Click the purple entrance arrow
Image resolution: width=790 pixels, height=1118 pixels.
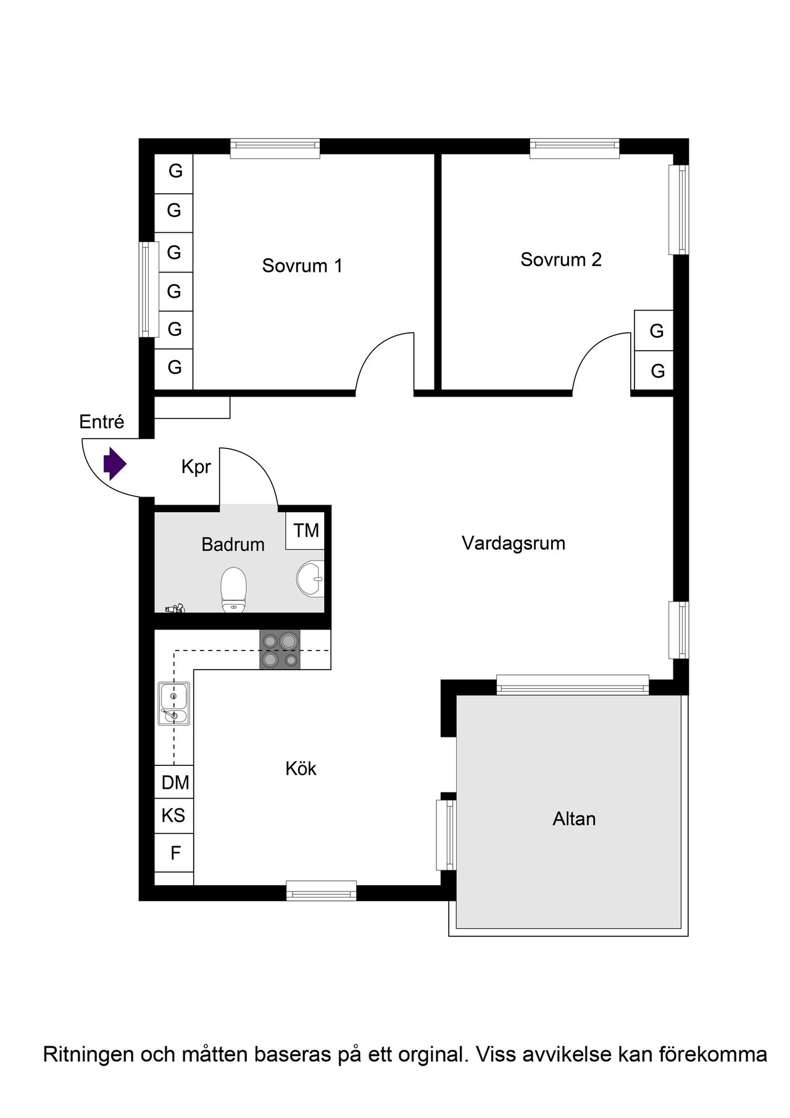point(114,463)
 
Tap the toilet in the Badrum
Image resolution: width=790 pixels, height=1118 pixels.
point(234,590)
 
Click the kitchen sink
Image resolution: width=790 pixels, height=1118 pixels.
point(174,703)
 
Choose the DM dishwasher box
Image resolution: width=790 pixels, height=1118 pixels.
point(174,782)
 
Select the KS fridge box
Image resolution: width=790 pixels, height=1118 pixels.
point(174,815)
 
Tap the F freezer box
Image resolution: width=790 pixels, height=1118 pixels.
point(174,853)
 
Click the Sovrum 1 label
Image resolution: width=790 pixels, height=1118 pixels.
point(302,266)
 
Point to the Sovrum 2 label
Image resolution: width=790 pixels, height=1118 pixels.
point(560,259)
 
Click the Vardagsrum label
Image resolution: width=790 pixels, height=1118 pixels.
point(513,544)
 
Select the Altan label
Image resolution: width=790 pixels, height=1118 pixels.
point(574,819)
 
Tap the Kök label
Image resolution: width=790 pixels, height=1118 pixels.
point(301,768)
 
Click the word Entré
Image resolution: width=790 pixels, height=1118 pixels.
point(102,422)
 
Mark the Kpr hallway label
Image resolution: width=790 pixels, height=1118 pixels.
point(196,467)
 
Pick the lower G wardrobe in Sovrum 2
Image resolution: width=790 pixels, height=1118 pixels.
point(654,371)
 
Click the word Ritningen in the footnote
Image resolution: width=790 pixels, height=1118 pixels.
point(88,1054)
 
